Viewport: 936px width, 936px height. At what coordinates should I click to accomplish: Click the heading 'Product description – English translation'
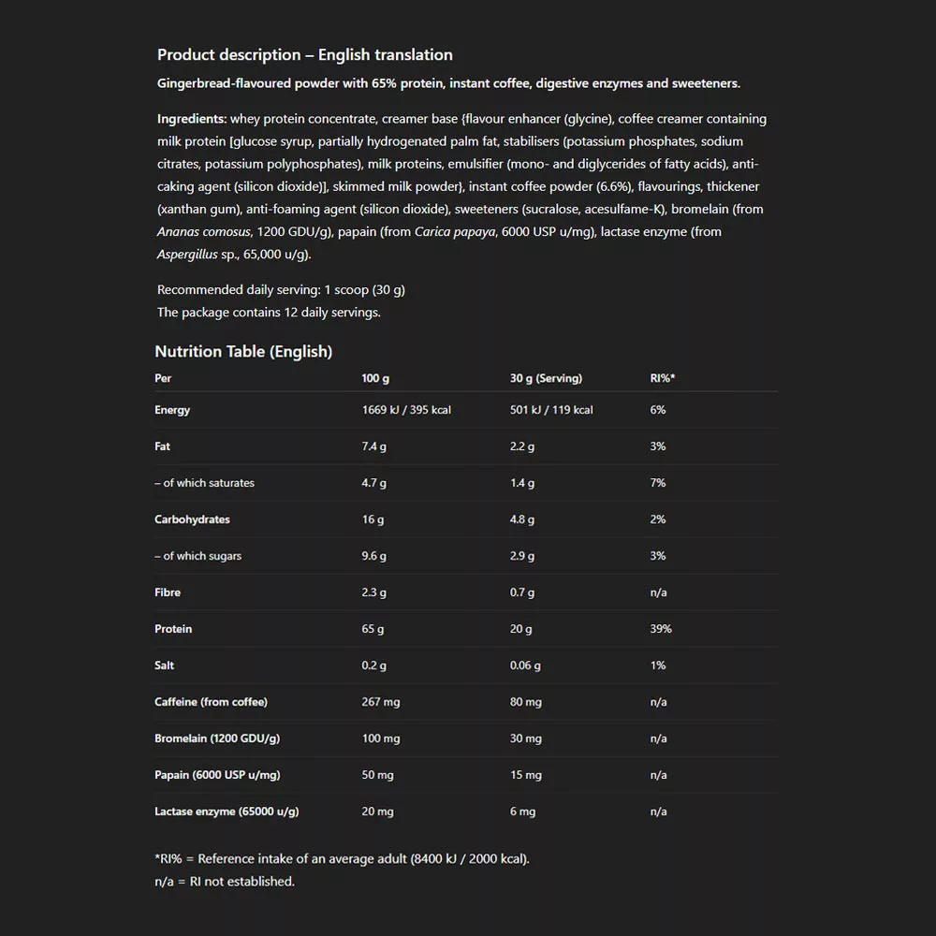[x=304, y=55]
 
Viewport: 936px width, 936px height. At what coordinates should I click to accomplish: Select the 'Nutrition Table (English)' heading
[x=243, y=352]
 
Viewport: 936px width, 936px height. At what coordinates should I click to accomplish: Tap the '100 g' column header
[x=375, y=378]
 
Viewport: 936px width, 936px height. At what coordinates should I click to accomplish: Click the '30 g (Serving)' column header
[x=546, y=378]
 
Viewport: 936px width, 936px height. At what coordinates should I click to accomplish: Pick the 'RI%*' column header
[x=662, y=378]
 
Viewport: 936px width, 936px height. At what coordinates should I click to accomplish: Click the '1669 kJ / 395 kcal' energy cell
[x=406, y=410]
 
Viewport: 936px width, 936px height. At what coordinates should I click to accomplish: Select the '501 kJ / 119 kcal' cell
[x=551, y=410]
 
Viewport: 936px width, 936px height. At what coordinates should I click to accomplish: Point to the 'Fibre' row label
[x=168, y=592]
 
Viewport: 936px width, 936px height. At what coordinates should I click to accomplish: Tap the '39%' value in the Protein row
[x=661, y=629]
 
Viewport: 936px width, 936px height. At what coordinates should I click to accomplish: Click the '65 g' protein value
[x=373, y=629]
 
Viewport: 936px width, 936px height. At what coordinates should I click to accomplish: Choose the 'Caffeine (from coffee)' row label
[x=211, y=702]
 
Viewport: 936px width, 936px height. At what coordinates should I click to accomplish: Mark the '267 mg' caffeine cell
[x=380, y=702]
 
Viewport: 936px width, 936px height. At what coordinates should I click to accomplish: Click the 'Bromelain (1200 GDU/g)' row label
[x=217, y=739]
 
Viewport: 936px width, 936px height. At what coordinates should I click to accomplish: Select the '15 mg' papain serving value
[x=525, y=775]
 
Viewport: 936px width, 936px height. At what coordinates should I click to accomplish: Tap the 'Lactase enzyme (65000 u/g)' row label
[x=227, y=812]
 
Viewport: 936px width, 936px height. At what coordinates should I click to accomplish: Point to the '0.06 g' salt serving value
[x=525, y=665]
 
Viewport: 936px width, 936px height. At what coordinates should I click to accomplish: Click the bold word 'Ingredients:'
[x=192, y=119]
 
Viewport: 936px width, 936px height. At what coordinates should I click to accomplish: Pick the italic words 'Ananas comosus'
[x=203, y=232]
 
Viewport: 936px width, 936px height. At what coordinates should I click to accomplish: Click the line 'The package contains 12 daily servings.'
[x=269, y=313]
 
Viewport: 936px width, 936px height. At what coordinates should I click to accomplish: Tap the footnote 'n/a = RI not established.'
[x=225, y=881]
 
